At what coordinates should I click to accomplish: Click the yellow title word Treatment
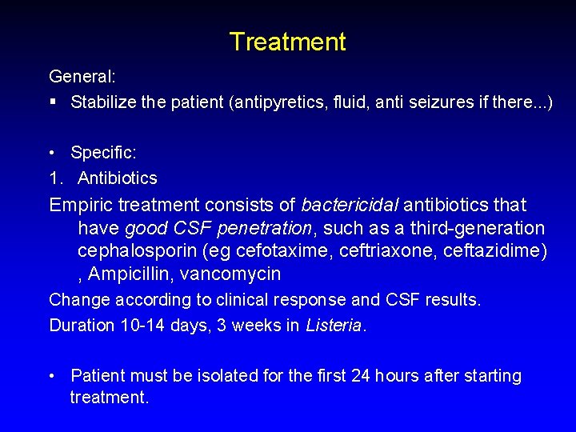pos(287,42)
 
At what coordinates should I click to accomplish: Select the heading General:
pos(83,77)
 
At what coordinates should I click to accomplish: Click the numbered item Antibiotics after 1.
pos(118,178)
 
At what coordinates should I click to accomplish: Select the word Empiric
pos(84,206)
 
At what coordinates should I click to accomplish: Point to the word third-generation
pos(478,229)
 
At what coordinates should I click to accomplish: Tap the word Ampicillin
pos(130,274)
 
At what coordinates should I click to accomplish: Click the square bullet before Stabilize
pos(53,102)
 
